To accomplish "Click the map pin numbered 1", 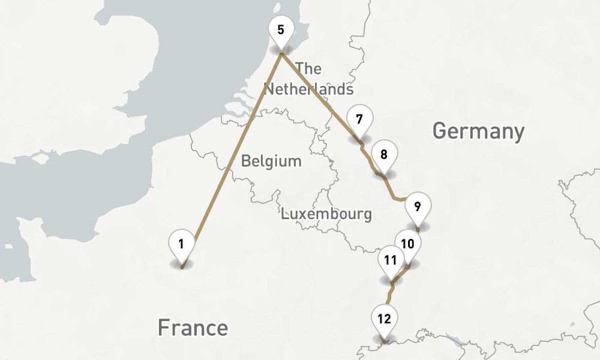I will tap(181, 244).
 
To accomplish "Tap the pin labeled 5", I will tap(281, 30).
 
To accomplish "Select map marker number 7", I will tap(359, 119).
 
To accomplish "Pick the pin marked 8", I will tap(384, 154).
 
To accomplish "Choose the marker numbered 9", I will tap(417, 208).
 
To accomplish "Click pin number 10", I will tap(408, 244).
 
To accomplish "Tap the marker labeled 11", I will tap(391, 260).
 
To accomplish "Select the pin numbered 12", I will tap(385, 319).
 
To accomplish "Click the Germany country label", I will tap(478, 131).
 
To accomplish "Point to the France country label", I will tap(193, 328).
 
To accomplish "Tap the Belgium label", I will tap(271, 161).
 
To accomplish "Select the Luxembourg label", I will tap(326, 214).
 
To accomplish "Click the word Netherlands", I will tap(309, 89).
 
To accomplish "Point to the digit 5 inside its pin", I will tap(281, 29).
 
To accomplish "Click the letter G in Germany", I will tap(440, 131).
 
